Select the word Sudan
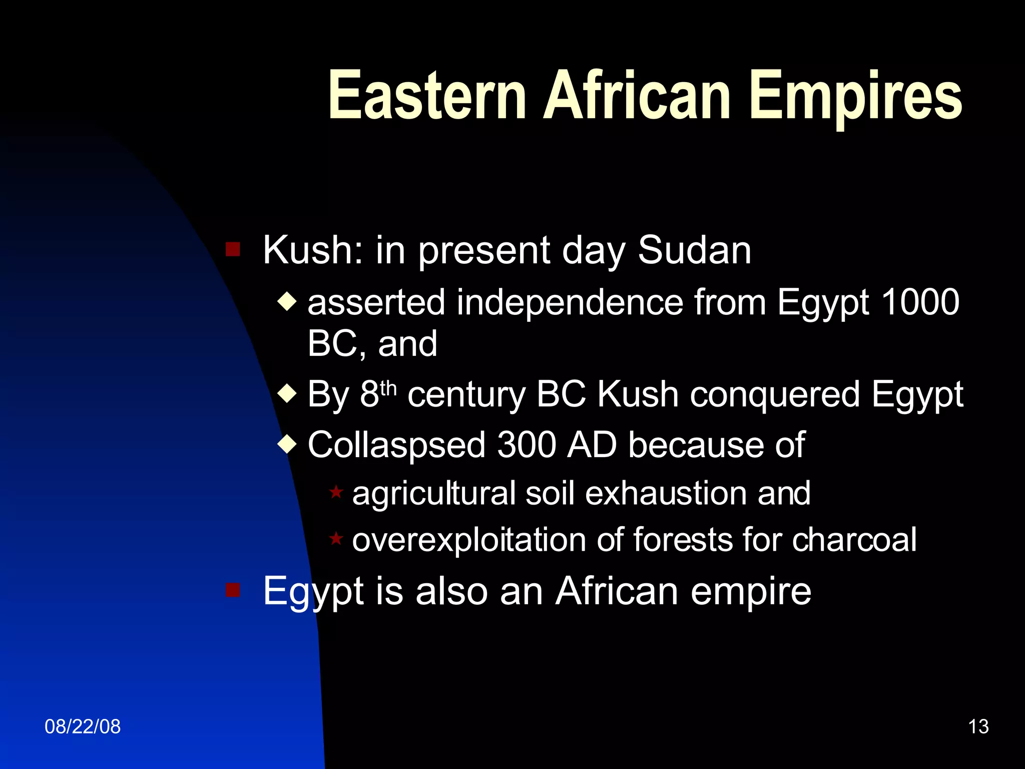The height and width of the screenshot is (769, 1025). tap(694, 250)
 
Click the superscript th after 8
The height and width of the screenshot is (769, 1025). tap(388, 388)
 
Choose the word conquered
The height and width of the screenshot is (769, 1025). tap(775, 395)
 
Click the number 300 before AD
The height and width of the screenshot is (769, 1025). tap(526, 445)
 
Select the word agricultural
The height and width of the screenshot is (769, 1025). tap(433, 493)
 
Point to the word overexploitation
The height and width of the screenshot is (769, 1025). tap(468, 540)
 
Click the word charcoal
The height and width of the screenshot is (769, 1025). tap(854, 540)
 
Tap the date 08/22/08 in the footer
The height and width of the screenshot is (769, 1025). tap(83, 726)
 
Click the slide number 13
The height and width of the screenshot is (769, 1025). tap(978, 726)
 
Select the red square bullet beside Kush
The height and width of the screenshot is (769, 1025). tap(233, 249)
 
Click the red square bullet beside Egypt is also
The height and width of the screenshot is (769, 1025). tap(233, 590)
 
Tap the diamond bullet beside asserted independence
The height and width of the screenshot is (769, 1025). tap(287, 302)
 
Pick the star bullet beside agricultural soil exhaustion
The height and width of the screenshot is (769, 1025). tap(336, 492)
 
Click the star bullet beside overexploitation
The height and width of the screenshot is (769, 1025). tap(336, 539)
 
